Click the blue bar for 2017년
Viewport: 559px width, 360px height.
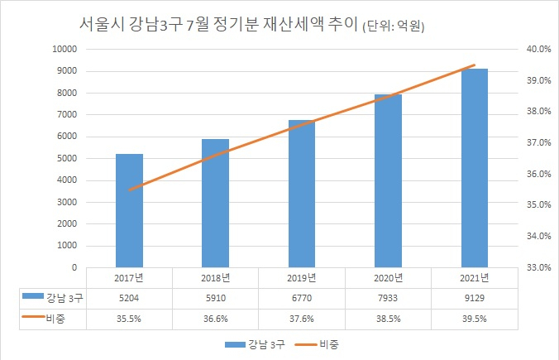(129, 210)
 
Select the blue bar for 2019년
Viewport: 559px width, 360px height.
(302, 194)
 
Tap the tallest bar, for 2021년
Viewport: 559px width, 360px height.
(474, 168)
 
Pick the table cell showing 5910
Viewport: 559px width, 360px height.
(216, 298)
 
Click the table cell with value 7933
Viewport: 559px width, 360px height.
(388, 298)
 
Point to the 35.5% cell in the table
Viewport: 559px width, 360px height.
(129, 319)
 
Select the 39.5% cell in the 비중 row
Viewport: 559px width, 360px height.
(474, 319)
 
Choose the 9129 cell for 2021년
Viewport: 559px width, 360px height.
(474, 298)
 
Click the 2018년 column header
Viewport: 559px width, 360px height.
(215, 278)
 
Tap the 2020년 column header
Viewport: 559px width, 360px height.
(388, 278)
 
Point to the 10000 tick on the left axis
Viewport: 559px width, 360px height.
(64, 49)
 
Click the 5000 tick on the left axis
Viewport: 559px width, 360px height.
(67, 158)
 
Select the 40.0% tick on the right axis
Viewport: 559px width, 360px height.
(538, 49)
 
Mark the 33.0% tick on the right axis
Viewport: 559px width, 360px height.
(538, 267)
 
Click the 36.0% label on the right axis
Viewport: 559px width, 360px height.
(538, 174)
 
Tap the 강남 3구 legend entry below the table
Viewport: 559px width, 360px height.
(255, 344)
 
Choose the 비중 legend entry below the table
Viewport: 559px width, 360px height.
(317, 344)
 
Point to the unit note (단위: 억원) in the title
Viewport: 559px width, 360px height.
(394, 26)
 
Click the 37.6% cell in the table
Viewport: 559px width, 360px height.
(302, 319)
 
